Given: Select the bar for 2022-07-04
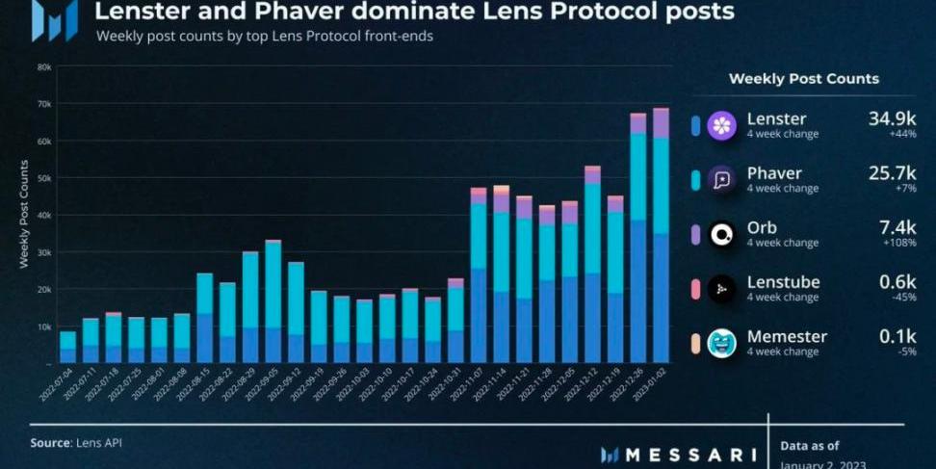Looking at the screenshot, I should pyautogui.click(x=67, y=347).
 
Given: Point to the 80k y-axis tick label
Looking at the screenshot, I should pyautogui.click(x=43, y=67).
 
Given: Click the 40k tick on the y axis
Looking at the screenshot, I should pyautogui.click(x=43, y=216).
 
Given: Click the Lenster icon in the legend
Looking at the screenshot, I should pyautogui.click(x=721, y=125).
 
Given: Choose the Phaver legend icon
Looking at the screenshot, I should pyautogui.click(x=721, y=180).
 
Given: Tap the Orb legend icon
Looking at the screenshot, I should pyautogui.click(x=721, y=235).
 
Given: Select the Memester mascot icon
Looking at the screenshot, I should pyautogui.click(x=721, y=344).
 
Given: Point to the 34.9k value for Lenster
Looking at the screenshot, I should pyautogui.click(x=892, y=118).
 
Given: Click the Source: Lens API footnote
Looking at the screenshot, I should pyautogui.click(x=76, y=442).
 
